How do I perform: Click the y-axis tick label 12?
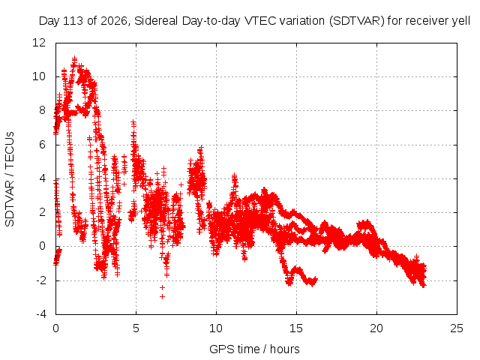(x=39, y=43)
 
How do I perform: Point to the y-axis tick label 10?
(x=39, y=76)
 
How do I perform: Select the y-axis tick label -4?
(x=40, y=314)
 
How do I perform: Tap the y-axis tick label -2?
(x=40, y=280)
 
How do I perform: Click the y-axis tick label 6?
(x=42, y=145)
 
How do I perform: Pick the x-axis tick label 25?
(x=457, y=328)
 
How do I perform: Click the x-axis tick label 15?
(x=296, y=328)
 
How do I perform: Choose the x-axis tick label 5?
(x=136, y=328)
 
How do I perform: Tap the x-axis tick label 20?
(x=376, y=328)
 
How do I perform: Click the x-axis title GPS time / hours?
(x=254, y=349)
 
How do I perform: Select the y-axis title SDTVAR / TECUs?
(x=10, y=179)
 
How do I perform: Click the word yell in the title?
(x=461, y=21)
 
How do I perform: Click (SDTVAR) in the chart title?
(x=357, y=21)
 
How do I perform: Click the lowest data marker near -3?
(x=162, y=296)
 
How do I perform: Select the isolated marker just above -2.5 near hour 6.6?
(x=162, y=287)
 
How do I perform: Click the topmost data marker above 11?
(x=74, y=58)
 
